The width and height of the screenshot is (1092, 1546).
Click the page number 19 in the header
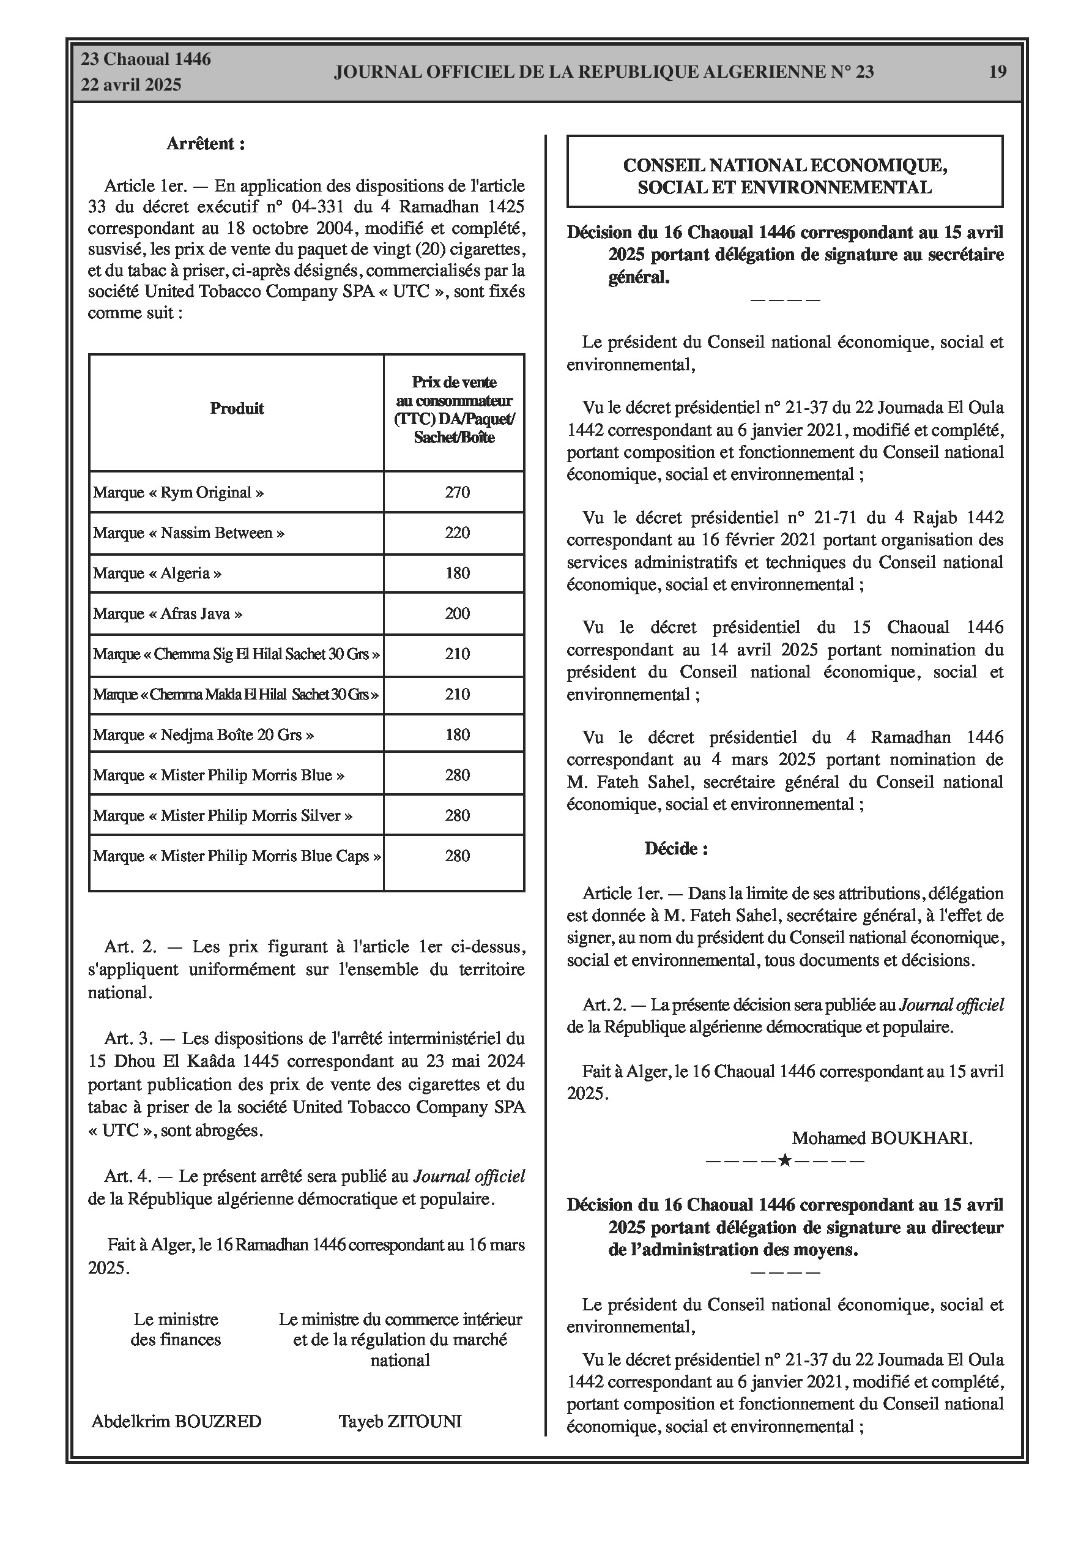coord(997,72)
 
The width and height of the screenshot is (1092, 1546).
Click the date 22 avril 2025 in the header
coord(132,85)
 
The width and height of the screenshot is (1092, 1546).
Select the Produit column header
coord(236,408)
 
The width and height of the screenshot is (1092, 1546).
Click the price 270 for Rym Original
coord(457,492)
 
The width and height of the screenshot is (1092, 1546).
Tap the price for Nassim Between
coord(457,532)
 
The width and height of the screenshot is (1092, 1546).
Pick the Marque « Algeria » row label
coord(158,573)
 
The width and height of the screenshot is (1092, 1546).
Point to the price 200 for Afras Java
coord(457,613)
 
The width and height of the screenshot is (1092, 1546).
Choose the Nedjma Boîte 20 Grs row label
coord(203,734)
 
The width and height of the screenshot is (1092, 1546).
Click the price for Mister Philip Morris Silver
coord(457,815)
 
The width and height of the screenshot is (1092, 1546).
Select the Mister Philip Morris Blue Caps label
coord(237,856)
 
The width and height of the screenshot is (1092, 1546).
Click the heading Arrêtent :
coord(206,143)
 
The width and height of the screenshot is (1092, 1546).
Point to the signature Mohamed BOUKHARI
coord(882,1138)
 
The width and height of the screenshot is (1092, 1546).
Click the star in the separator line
coord(784,1160)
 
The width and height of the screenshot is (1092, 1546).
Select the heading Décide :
coord(676,848)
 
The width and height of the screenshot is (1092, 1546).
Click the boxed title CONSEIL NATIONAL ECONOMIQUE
coord(785,165)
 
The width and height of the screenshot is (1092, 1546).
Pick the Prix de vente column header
coord(455,409)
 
